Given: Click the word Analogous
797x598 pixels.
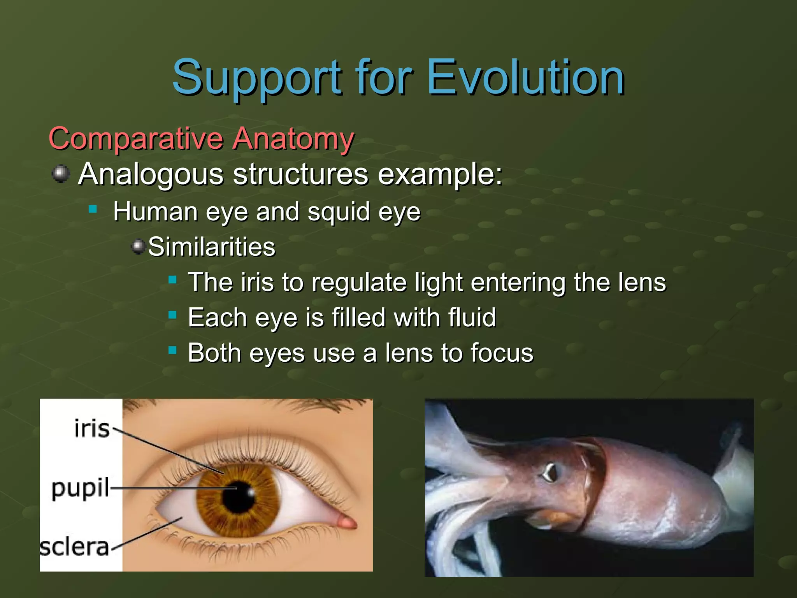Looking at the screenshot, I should [151, 174].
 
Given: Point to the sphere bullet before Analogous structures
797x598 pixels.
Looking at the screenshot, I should [61, 173].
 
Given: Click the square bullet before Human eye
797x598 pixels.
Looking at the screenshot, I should [93, 210].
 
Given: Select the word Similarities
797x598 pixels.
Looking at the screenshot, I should [211, 247].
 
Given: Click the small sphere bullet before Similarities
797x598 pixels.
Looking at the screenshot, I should [138, 246].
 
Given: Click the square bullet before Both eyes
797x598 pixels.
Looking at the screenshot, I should [172, 350].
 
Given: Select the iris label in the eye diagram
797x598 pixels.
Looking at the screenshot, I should [92, 429].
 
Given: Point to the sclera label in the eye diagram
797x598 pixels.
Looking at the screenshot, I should [74, 547].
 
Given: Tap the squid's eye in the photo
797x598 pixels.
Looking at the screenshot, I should [550, 472].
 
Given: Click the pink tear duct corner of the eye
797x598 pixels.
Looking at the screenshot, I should [347, 522].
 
